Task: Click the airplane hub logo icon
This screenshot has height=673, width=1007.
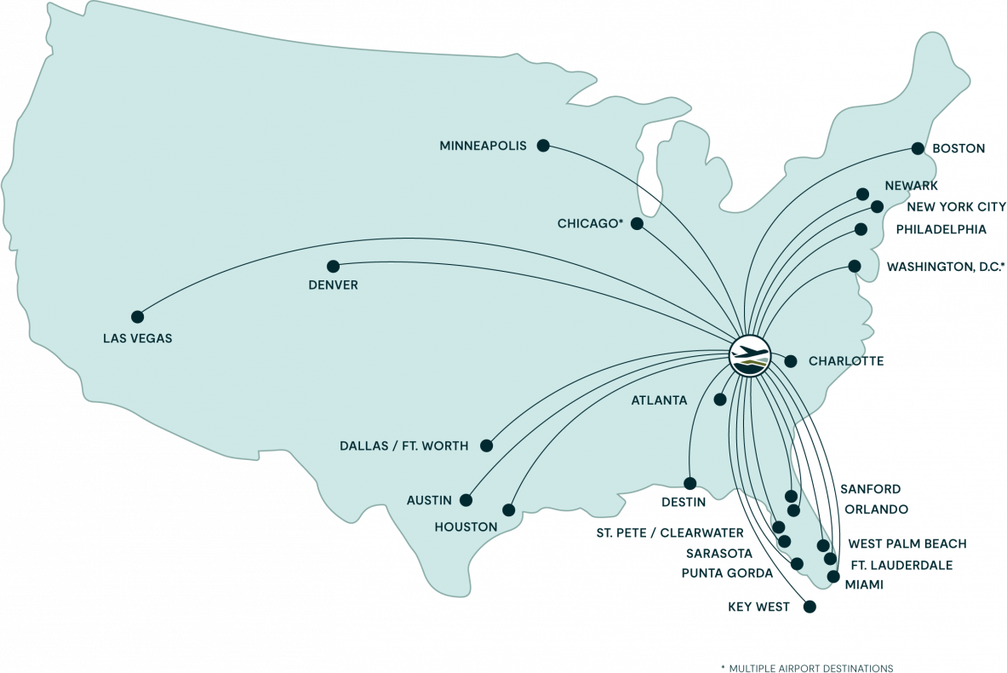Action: point(750,354)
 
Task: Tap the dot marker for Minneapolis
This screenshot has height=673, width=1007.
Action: point(543,146)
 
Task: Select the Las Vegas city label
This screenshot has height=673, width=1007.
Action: point(137,338)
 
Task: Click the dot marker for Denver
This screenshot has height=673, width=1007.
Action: point(333,266)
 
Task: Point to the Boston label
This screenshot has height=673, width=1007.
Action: point(958,148)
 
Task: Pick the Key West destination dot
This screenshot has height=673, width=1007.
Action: point(810,607)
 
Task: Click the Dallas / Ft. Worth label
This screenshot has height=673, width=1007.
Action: point(403,446)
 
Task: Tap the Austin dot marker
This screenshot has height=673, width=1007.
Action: point(466,500)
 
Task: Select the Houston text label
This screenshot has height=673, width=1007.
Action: point(466,527)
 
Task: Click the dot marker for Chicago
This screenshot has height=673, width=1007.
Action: point(637,223)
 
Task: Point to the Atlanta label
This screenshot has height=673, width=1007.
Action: point(659,400)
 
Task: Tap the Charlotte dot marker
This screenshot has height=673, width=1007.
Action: point(790,360)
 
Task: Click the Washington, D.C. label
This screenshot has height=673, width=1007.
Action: point(946,267)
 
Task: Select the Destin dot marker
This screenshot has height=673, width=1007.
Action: point(689,483)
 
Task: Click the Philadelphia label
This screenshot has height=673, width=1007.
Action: point(941,229)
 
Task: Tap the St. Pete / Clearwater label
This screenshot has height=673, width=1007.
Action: point(669,533)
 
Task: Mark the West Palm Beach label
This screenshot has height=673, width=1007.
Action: point(907,544)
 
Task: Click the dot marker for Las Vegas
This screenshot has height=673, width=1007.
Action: point(136,316)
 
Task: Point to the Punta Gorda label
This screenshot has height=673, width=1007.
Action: point(727,573)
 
